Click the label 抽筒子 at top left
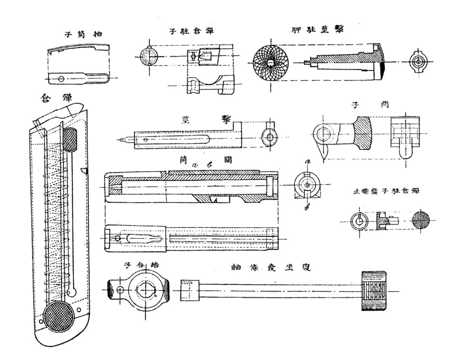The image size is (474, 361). click(x=84, y=35)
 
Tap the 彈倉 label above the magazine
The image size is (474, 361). click(x=53, y=98)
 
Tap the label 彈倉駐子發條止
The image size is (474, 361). click(x=386, y=192)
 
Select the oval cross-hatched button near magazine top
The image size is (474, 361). click(x=70, y=140)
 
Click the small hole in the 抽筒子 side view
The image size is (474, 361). click(x=61, y=79)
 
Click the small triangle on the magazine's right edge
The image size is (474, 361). click(x=83, y=170)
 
